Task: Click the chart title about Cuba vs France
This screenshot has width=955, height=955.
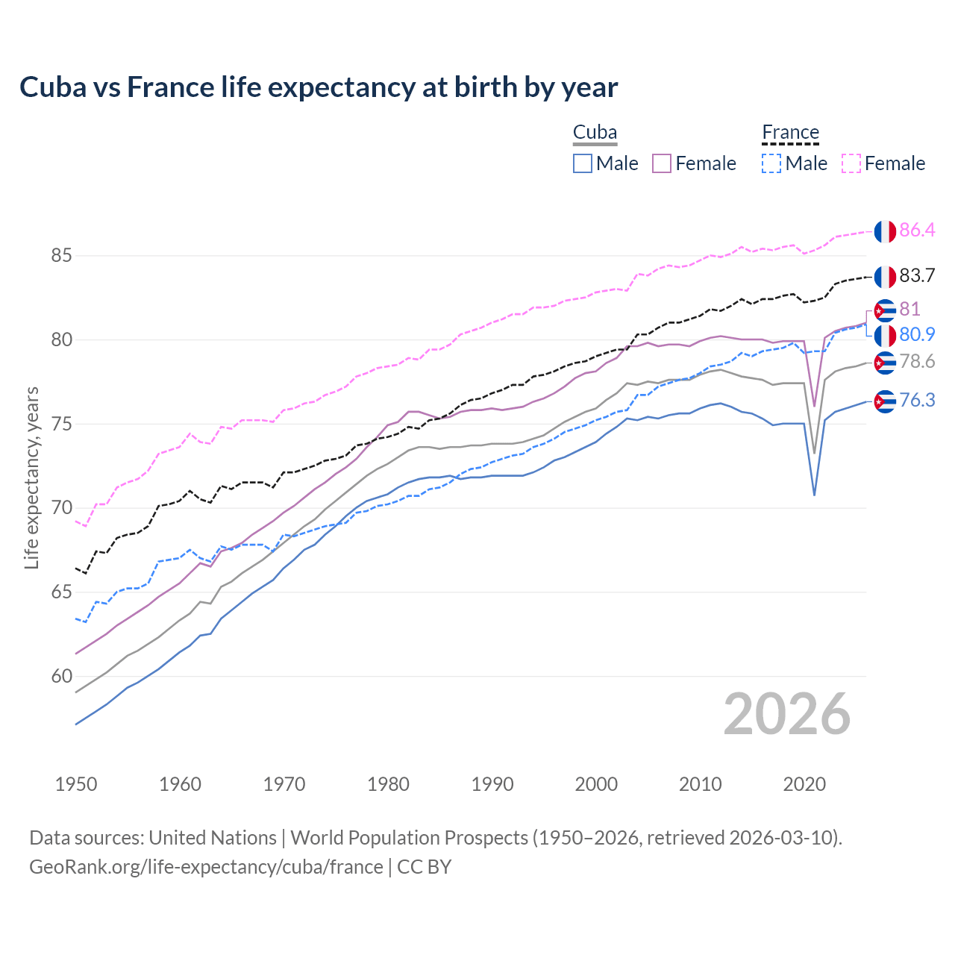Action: (x=319, y=87)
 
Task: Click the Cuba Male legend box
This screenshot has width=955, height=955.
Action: (x=583, y=163)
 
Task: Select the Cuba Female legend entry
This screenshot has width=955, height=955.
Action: (x=694, y=163)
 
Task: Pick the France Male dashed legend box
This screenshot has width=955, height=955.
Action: (x=771, y=163)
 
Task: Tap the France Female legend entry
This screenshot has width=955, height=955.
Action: (x=883, y=163)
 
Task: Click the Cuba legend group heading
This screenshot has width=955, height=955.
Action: (x=595, y=133)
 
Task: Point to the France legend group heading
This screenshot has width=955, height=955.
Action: (x=790, y=133)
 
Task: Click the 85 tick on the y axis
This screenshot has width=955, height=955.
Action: (x=61, y=256)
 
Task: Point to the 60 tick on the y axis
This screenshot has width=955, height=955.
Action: (x=61, y=677)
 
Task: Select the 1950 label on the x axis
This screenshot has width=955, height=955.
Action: (x=76, y=784)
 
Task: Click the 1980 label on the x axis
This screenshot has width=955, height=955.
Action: (x=388, y=784)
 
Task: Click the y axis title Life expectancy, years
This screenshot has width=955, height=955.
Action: (x=31, y=477)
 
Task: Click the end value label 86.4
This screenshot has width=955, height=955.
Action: (x=917, y=231)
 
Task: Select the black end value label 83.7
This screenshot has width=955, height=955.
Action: (x=917, y=276)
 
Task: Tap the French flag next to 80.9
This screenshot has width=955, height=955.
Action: (x=885, y=336)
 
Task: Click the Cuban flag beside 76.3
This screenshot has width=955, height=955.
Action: (x=885, y=401)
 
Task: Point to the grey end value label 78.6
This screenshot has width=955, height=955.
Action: (x=917, y=362)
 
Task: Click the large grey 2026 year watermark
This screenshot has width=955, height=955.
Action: (x=786, y=714)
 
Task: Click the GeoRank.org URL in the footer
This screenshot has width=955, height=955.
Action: (x=206, y=867)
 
